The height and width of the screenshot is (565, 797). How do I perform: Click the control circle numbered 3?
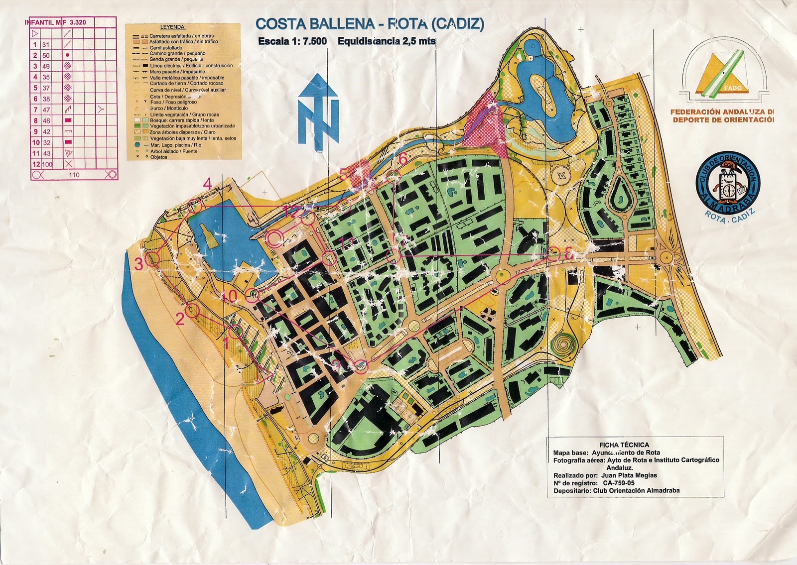tap(153, 258)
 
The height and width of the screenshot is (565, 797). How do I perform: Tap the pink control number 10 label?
tap(230, 296)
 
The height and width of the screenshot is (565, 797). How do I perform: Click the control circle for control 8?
tap(553, 254)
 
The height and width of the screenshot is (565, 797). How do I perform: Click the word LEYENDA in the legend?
tap(172, 27)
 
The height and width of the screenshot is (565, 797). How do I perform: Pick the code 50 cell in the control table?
tap(46, 56)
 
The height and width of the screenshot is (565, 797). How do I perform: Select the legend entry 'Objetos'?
tap(159, 157)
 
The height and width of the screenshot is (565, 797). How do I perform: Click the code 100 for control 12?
tap(47, 164)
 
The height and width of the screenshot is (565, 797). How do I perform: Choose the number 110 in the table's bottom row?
tap(74, 175)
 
